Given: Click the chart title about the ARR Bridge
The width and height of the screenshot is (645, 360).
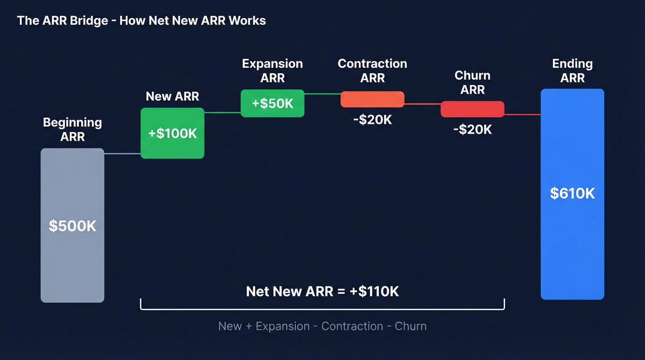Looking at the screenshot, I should tap(141, 21).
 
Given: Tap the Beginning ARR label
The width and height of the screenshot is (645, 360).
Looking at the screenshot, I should tap(72, 130).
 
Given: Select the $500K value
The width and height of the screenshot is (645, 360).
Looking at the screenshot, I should tap(72, 226).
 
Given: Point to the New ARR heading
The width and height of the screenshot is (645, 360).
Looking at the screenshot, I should tap(172, 96).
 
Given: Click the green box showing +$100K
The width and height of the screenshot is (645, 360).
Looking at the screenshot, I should tap(172, 133).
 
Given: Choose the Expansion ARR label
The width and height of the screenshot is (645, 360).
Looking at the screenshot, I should tap(272, 71).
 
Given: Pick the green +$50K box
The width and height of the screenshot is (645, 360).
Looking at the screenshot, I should tap(272, 103).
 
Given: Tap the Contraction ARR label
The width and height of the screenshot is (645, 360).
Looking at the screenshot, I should tap(372, 71).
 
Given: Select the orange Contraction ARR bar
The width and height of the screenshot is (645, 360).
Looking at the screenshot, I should tap(372, 99).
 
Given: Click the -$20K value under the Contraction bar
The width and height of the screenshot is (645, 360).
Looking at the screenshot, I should tap(372, 120).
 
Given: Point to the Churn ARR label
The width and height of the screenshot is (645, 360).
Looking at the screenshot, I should tap(472, 82).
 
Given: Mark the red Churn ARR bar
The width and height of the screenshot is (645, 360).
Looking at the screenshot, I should tap(472, 109).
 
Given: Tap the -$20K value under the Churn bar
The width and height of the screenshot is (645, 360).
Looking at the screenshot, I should tap(472, 130).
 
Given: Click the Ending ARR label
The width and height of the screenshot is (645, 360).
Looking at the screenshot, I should tap(572, 71).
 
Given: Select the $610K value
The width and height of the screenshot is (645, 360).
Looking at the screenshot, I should tap(572, 193).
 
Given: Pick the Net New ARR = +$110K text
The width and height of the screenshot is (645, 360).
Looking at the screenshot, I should tap(322, 291).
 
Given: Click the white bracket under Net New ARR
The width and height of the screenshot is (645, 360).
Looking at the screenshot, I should tap(322, 309).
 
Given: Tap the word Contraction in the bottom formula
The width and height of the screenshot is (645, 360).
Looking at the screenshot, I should tap(352, 326).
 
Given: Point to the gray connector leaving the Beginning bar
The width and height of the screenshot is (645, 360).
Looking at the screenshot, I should tap(122, 153).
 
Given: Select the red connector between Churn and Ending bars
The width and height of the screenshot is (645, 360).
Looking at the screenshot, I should tap(522, 114).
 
